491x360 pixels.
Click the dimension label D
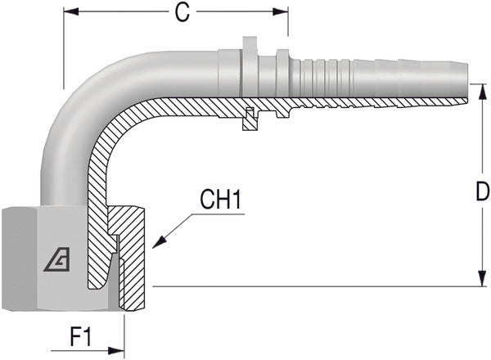482,193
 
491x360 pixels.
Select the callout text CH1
220,200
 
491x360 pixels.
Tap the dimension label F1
79,335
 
